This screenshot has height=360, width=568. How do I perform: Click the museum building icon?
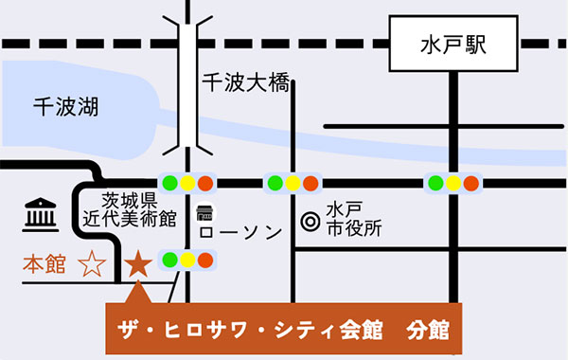[x=39, y=216]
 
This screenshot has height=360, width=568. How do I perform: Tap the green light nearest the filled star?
[x=170, y=259]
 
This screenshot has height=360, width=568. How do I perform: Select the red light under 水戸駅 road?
[x=471, y=182]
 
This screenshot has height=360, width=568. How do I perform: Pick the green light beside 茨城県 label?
[x=170, y=182]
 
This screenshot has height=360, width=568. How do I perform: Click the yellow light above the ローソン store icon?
[x=188, y=182]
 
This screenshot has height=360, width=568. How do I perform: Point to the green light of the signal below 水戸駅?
[x=435, y=182]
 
